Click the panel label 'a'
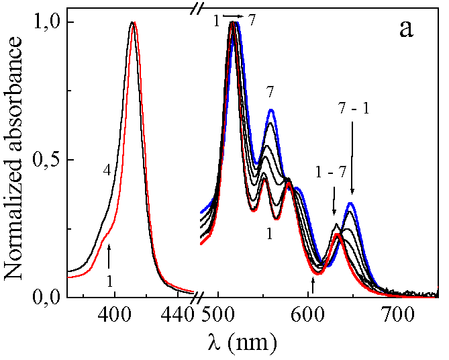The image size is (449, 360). pos(406,30)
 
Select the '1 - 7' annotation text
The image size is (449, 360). pos(332,173)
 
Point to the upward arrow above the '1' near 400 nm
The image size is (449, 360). pos(109,256)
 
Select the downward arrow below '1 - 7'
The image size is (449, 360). pos(334,204)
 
